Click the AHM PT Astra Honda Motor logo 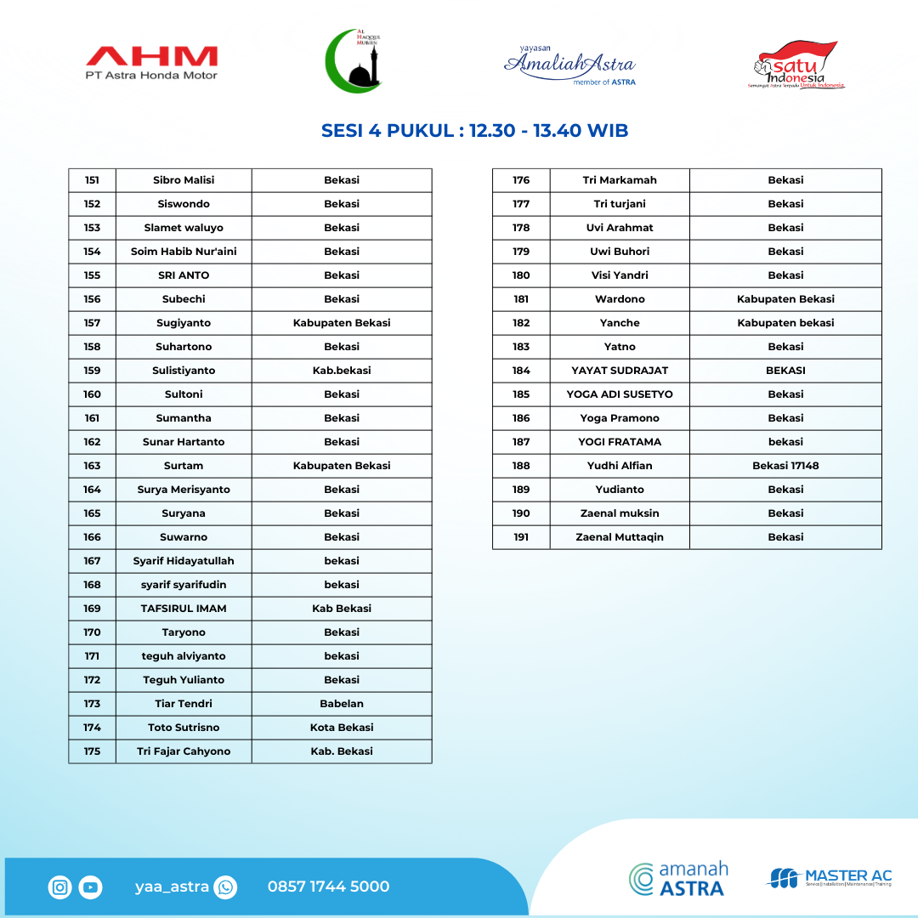pos(151,63)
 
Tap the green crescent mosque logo pos(354,60)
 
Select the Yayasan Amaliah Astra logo pos(569,65)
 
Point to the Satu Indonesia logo pos(796,65)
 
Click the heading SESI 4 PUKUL pos(474,131)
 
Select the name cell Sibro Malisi pos(184,180)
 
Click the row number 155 pos(92,275)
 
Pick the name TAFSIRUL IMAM pos(184,609)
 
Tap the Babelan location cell pos(342,704)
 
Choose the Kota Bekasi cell pos(342,728)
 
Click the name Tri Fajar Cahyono pos(184,751)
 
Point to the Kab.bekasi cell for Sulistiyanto pos(342,371)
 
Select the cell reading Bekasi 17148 pos(785,466)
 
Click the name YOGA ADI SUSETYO pos(620,394)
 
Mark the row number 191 pos(521,537)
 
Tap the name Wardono pos(620,299)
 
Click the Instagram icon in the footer pos(60,887)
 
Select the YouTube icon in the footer pos(91,887)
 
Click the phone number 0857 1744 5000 pos(328,887)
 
